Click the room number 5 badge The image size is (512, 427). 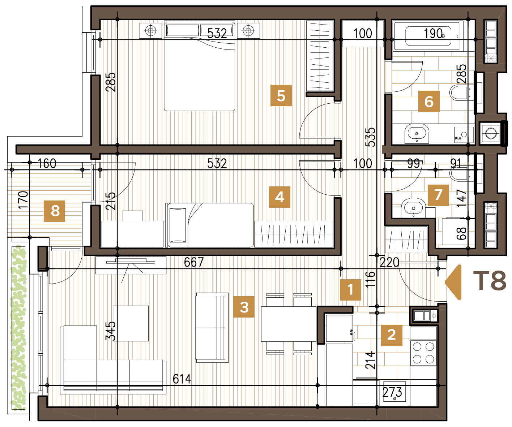(281, 95)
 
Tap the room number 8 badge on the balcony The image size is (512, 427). (55, 211)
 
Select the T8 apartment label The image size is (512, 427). (490, 281)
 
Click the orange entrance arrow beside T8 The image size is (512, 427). (454, 282)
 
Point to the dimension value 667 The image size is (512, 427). (194, 262)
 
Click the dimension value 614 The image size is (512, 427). (182, 379)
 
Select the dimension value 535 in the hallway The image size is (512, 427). (370, 137)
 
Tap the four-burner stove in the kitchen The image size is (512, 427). (423, 353)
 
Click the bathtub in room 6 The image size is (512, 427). (428, 36)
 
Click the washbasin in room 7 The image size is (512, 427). (414, 208)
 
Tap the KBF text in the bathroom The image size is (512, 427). (458, 138)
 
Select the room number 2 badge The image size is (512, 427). (392, 335)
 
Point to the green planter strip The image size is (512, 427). (18, 328)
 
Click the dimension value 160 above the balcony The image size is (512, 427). (47, 163)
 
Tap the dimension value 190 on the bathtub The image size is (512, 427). (433, 33)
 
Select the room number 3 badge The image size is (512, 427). (244, 307)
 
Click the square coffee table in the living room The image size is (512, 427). (131, 323)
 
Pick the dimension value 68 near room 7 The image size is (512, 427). (461, 233)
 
